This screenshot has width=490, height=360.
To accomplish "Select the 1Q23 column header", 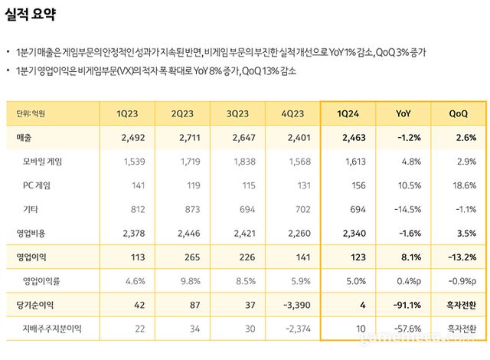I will click(x=127, y=113).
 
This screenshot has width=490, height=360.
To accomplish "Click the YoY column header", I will click(x=404, y=113).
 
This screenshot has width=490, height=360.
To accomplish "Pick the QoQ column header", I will click(x=459, y=113).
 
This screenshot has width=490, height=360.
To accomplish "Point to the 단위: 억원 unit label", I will click(x=31, y=113).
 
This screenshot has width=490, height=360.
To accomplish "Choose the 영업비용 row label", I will click(x=30, y=232).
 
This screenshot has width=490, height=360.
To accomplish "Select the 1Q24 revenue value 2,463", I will click(x=352, y=138).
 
